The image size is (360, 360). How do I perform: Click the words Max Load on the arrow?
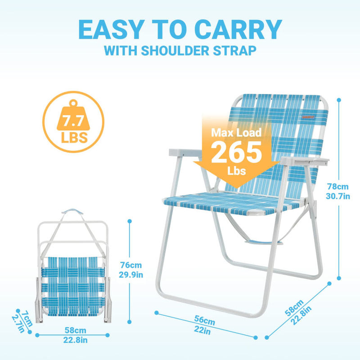click(x=237, y=133)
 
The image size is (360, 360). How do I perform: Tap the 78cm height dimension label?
click(x=337, y=186)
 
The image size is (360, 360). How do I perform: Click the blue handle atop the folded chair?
click(x=72, y=211)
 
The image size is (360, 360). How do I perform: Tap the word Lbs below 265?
click(x=236, y=171)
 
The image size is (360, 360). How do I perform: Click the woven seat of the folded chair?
click(x=72, y=283)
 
